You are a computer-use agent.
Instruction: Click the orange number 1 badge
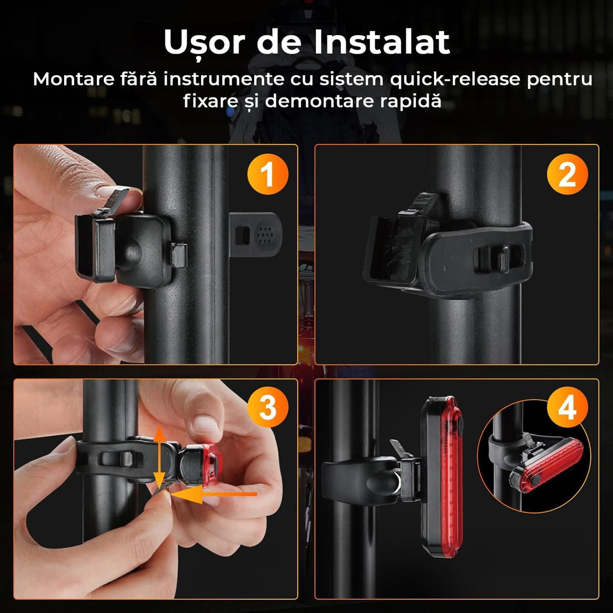(x=267, y=174)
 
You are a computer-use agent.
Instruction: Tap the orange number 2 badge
(x=567, y=174)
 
